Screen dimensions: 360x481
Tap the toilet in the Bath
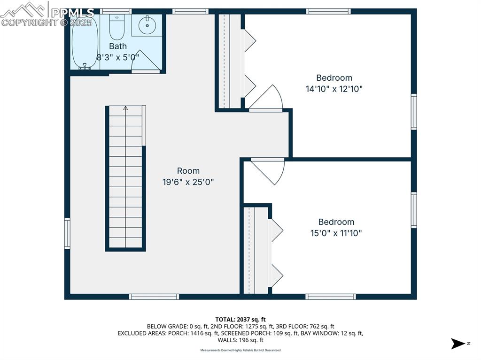[116, 28]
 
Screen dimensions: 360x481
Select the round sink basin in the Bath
[147, 25]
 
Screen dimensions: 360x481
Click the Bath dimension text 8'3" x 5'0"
[118, 57]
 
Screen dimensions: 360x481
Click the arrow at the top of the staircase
[125, 108]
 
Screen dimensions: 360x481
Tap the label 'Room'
[188, 171]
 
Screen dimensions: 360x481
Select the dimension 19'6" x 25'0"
[188, 182]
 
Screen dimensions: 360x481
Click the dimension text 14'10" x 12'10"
[334, 89]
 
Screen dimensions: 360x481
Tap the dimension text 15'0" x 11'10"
[336, 233]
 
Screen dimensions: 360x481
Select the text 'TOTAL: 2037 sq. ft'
[240, 320]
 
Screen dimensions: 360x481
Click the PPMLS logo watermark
[47, 14]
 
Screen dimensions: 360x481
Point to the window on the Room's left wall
[67, 233]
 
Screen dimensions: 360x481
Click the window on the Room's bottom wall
[154, 297]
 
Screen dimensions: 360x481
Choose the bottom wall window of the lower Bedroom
[331, 297]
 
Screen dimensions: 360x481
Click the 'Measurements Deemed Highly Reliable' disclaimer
[240, 350]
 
